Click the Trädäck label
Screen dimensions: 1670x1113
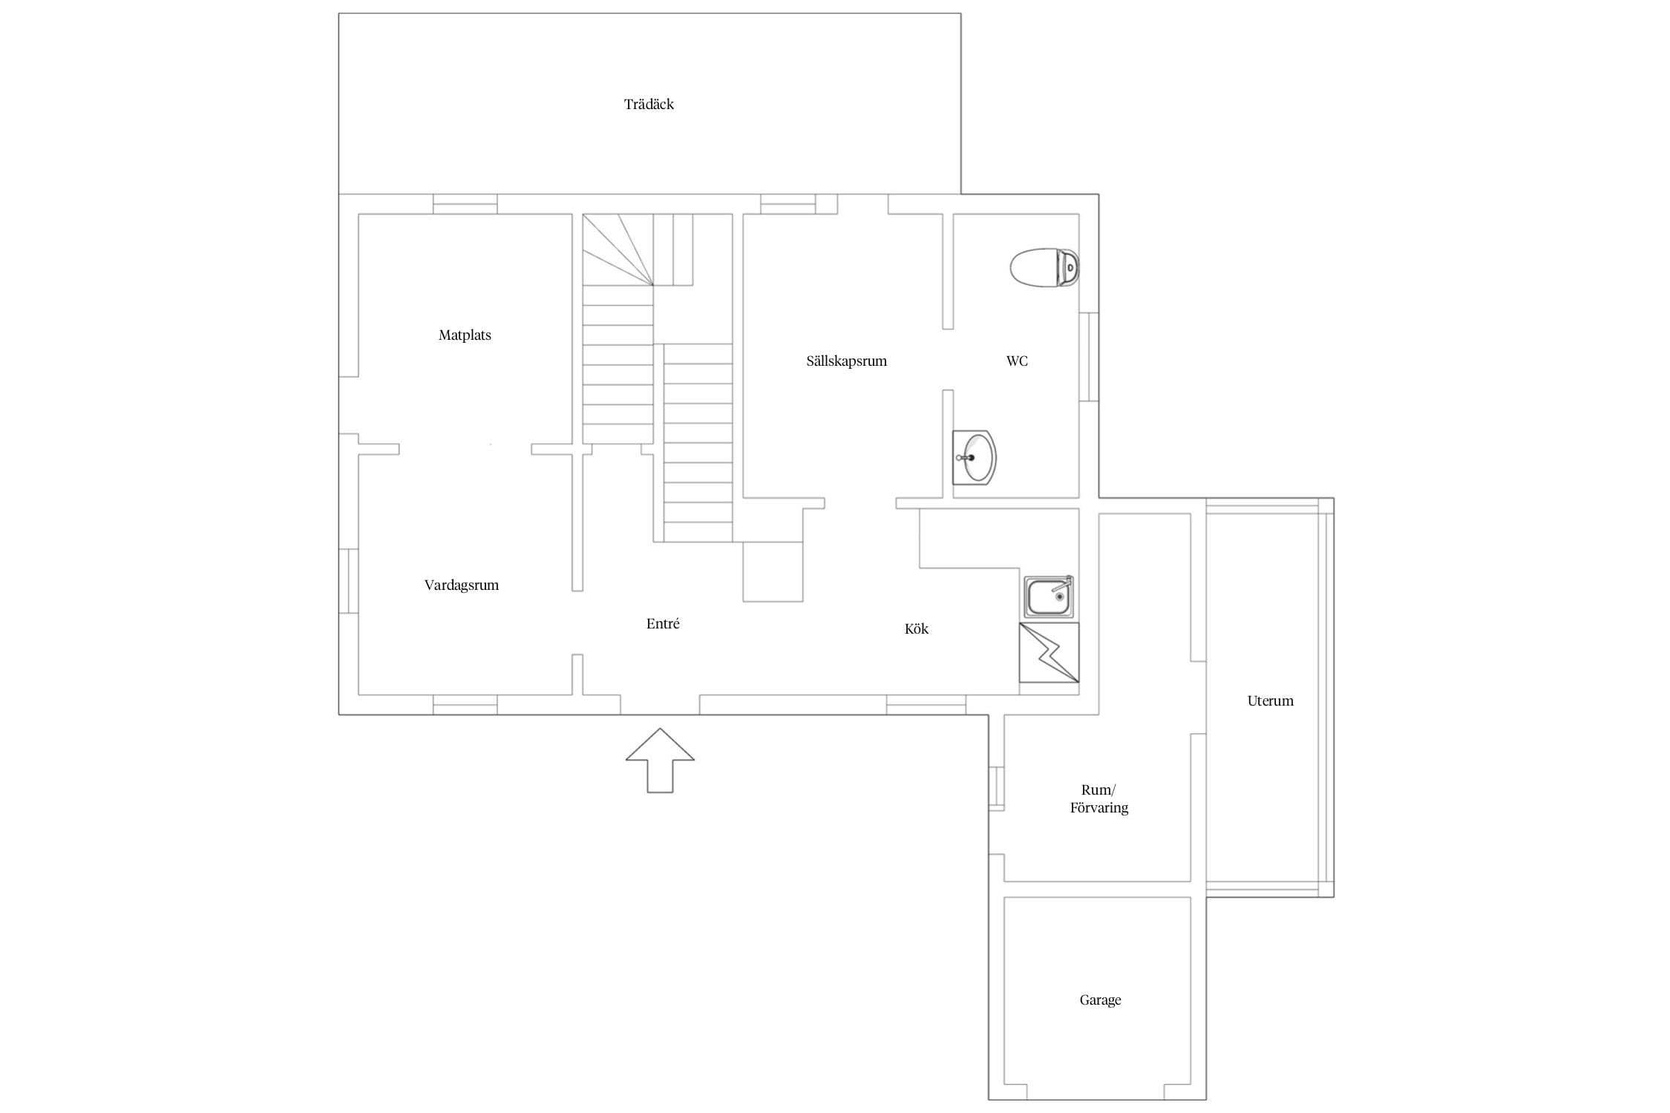[x=649, y=104]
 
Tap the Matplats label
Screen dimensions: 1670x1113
[x=465, y=335]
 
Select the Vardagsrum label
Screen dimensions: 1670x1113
[x=462, y=585]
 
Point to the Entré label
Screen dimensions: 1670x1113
[x=663, y=624]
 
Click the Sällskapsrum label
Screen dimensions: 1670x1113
[x=847, y=361]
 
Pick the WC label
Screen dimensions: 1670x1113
[x=1017, y=361]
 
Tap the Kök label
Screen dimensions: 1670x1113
[x=917, y=629]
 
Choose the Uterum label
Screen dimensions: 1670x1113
[x=1270, y=701]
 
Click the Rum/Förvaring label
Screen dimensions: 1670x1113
[x=1099, y=799]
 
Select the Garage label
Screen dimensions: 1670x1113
[x=1100, y=1000]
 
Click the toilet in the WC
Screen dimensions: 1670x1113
[x=1044, y=267]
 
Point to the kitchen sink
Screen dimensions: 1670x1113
[x=1049, y=597]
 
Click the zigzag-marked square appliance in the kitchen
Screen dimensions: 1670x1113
[x=1049, y=653]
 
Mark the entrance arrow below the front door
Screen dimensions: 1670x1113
[x=660, y=761]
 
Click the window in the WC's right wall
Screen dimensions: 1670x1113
[x=1089, y=357]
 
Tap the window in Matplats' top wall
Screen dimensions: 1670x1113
[x=465, y=204]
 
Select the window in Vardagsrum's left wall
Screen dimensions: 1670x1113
[x=349, y=581]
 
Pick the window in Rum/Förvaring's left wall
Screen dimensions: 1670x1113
[x=996, y=787]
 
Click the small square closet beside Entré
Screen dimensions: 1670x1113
[x=773, y=571]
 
